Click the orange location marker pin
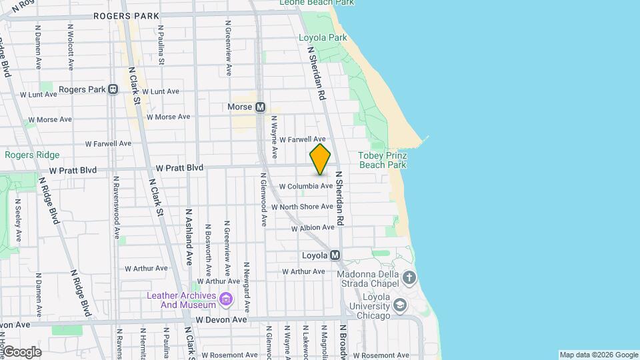[320, 160]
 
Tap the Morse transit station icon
[260, 107]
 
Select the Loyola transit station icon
[335, 255]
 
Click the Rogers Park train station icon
[113, 89]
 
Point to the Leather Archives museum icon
[226, 300]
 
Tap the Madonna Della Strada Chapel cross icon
[409, 277]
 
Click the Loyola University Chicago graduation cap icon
[400, 305]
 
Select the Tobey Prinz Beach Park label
[382, 159]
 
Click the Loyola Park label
[323, 37]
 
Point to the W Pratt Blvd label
[179, 169]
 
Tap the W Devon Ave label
[221, 320]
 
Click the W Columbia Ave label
[305, 186]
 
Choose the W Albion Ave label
[313, 228]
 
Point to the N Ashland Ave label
[189, 237]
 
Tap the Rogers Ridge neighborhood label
[32, 155]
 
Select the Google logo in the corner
[21, 352]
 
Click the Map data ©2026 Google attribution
[599, 355]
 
